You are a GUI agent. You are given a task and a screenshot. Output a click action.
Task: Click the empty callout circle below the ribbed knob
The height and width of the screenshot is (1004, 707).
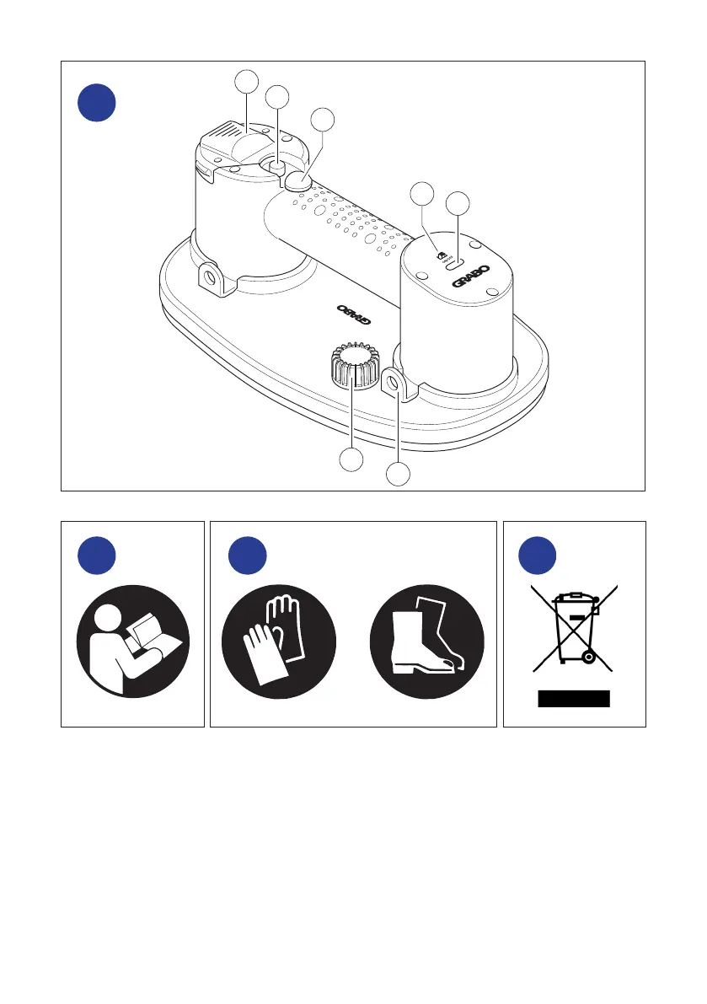(x=351, y=460)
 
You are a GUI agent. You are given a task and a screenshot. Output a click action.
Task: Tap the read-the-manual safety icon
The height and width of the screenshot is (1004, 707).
(x=133, y=638)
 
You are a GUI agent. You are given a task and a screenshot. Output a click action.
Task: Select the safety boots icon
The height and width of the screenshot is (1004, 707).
(x=427, y=638)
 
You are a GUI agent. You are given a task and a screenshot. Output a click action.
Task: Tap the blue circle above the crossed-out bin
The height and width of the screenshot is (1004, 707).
(x=538, y=556)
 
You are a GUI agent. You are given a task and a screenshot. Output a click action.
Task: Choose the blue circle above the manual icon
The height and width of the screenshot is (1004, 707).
(x=96, y=556)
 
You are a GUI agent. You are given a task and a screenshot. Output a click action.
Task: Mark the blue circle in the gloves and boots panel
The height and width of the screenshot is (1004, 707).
(x=248, y=556)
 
